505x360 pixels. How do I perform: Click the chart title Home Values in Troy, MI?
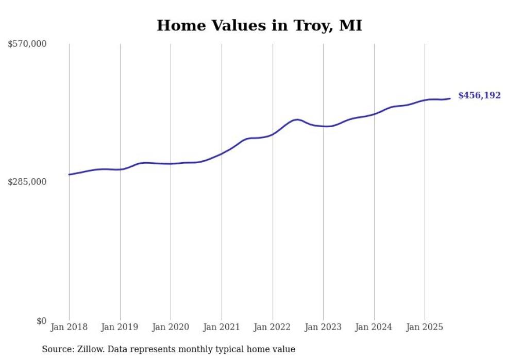(259, 25)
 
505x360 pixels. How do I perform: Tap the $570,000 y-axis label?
(27, 44)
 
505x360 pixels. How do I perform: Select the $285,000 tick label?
(27, 182)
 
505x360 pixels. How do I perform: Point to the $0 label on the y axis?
(42, 321)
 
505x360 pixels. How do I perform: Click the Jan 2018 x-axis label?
(69, 327)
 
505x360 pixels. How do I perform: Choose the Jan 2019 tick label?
(120, 327)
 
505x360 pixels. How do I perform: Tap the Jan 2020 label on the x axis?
(171, 327)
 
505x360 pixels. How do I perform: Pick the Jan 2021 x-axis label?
(222, 327)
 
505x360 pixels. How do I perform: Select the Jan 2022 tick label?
(273, 327)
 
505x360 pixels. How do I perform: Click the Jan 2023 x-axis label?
(323, 327)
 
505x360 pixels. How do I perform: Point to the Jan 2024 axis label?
(374, 327)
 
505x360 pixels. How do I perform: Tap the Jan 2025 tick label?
(425, 327)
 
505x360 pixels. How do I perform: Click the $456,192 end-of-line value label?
(479, 95)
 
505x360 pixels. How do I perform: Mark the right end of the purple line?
(450, 98)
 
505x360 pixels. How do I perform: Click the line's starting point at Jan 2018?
(69, 175)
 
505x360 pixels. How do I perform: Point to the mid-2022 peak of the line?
(297, 119)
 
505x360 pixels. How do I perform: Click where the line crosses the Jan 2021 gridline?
(222, 153)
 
